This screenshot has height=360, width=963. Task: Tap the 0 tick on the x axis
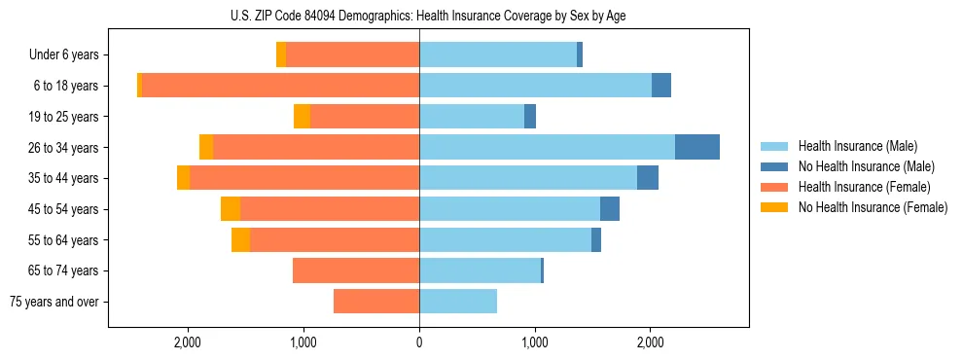coord(419,342)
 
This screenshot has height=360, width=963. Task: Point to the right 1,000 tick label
coord(534,342)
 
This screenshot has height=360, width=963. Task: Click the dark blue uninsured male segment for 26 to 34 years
coord(697,147)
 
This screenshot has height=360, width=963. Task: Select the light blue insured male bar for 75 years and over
coord(458,302)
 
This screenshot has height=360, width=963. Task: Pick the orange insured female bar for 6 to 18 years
coord(280,86)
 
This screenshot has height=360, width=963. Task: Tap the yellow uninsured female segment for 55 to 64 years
coord(240,240)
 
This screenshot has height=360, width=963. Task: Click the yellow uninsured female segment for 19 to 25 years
coord(302,117)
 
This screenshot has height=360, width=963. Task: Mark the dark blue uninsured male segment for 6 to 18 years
coord(661,86)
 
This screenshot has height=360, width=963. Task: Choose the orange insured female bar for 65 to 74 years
coord(356,270)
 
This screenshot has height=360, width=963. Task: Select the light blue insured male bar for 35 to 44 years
coord(528,178)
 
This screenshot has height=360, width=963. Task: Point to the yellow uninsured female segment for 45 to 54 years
coord(231,209)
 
